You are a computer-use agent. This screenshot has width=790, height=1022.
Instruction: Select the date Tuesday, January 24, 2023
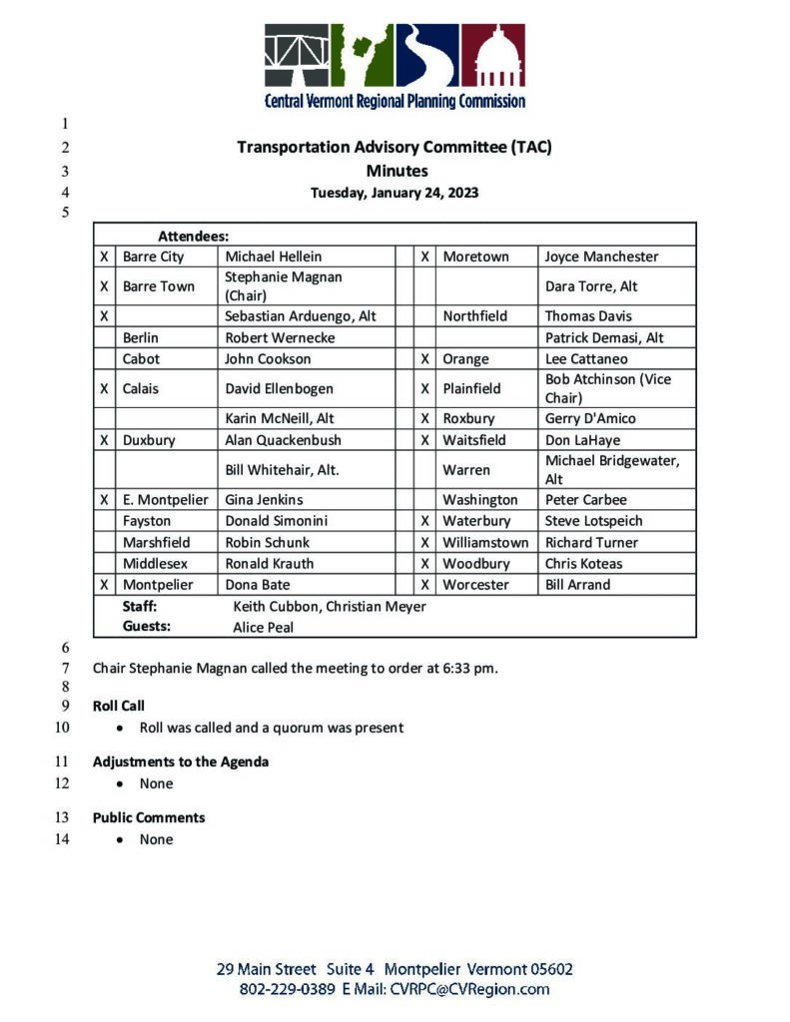click(x=395, y=193)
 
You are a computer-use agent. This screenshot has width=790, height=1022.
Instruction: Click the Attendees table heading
click(x=193, y=237)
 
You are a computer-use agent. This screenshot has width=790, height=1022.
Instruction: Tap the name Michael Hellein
click(x=274, y=256)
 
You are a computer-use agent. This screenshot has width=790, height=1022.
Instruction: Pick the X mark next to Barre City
click(x=104, y=256)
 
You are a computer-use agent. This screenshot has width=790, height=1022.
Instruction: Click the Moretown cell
click(x=475, y=256)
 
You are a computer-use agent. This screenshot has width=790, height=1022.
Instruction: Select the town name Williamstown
click(x=485, y=543)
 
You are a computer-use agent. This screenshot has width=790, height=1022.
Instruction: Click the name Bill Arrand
click(x=577, y=585)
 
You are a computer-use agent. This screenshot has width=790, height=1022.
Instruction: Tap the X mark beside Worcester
click(x=424, y=585)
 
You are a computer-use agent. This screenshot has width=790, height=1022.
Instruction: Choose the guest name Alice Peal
click(x=264, y=628)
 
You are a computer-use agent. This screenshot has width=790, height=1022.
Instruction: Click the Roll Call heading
click(x=119, y=706)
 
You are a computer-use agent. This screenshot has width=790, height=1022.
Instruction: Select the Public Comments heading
click(x=149, y=817)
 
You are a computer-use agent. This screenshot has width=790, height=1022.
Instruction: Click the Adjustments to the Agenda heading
click(x=181, y=762)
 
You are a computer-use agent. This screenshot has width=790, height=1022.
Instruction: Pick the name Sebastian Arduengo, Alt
click(x=301, y=316)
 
